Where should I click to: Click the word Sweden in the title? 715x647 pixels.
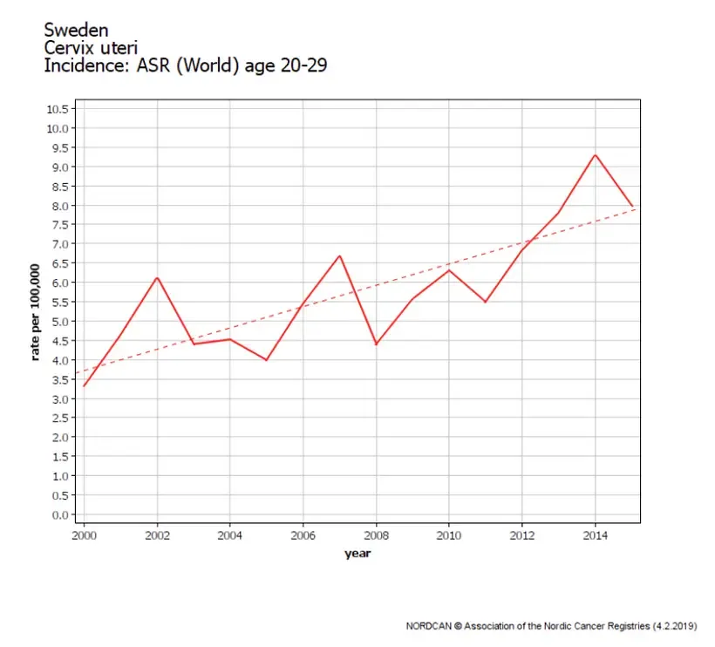[x=76, y=31]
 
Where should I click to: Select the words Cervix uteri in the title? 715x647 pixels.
[x=91, y=48]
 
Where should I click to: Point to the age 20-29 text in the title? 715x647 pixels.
[x=286, y=66]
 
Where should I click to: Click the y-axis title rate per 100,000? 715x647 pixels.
[x=35, y=312]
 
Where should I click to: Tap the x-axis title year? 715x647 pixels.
[x=357, y=554]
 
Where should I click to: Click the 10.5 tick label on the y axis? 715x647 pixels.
[x=58, y=109]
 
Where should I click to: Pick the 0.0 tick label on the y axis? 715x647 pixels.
[x=60, y=515]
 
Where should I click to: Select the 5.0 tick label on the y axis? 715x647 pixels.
[x=60, y=322]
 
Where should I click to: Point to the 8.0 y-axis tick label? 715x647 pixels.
[x=60, y=206]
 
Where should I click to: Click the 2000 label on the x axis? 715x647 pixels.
[x=84, y=535]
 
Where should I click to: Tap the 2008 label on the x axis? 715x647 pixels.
[x=376, y=535]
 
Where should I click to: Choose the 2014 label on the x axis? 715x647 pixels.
[x=595, y=535]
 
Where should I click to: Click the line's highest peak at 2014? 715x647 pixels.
[x=595, y=155]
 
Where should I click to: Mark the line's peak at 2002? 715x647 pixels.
[x=157, y=277]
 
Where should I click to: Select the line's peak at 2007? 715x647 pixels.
[x=340, y=255]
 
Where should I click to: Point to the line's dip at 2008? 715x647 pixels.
[x=376, y=344]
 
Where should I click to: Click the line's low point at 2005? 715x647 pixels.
[x=267, y=360]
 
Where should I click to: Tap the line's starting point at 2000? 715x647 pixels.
[x=84, y=386]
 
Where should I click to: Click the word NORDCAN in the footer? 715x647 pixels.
[x=429, y=626]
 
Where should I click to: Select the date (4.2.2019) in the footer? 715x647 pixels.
[x=675, y=626]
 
